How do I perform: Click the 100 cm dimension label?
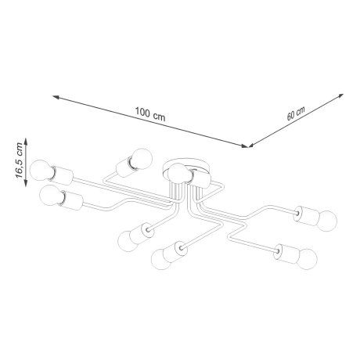(149, 116)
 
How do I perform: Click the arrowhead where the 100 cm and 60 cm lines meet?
(248, 146)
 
